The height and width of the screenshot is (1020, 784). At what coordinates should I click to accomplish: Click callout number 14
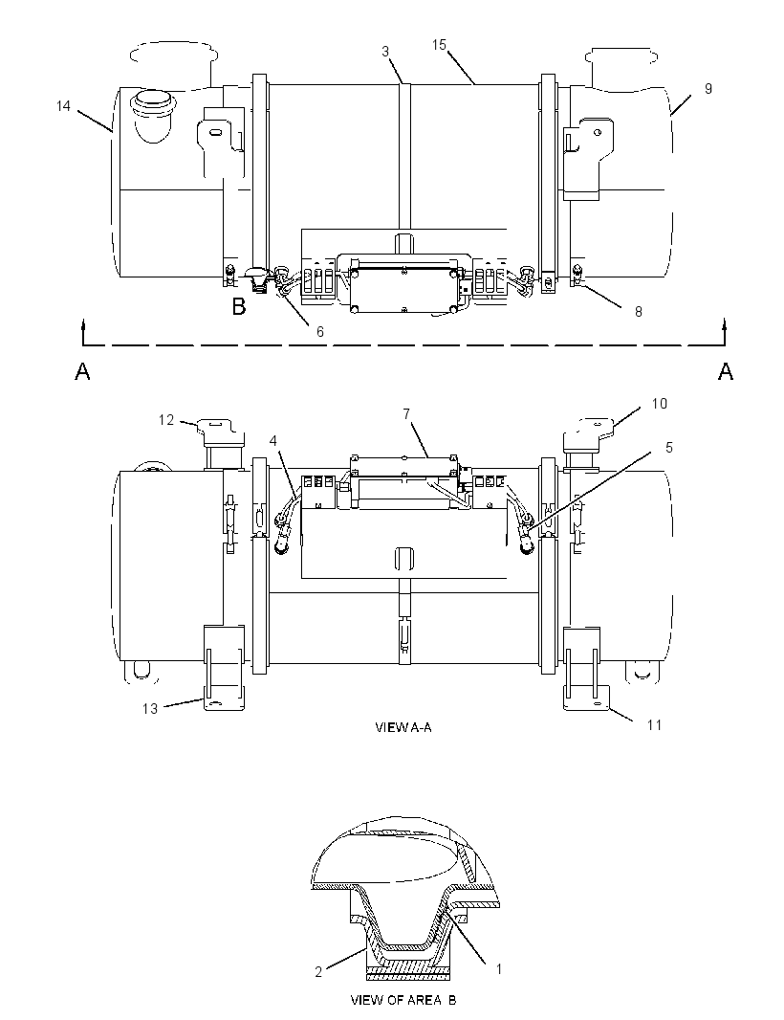[x=63, y=105]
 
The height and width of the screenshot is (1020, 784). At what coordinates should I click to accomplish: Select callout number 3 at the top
[x=385, y=52]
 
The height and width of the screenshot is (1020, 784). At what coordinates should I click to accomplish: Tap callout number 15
[x=440, y=44]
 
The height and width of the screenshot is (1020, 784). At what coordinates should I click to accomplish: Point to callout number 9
[x=708, y=88]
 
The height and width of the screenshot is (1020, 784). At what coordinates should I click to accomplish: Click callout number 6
[x=320, y=331]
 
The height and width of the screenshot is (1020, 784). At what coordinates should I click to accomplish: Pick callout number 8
[x=639, y=312]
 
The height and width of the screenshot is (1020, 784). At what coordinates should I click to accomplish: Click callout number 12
[x=167, y=420]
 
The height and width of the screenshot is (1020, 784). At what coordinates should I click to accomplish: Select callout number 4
[x=273, y=441]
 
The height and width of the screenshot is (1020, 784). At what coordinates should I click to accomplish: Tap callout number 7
[x=406, y=413]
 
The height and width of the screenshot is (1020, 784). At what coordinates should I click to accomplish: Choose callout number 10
[x=659, y=404]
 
